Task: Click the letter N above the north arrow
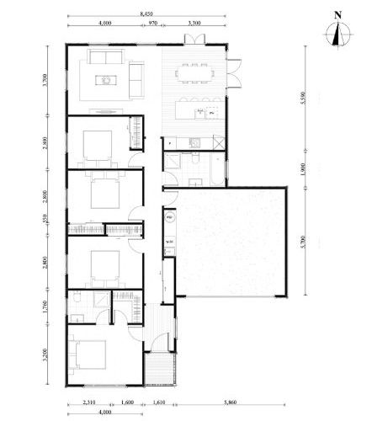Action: (x=337, y=13)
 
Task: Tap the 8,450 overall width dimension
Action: (x=146, y=14)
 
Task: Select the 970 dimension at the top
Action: (x=152, y=24)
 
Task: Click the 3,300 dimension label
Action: (x=194, y=24)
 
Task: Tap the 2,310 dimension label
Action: (x=90, y=393)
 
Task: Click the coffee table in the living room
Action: (x=108, y=80)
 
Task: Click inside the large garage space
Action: (x=231, y=244)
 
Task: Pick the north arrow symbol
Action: (x=337, y=34)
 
